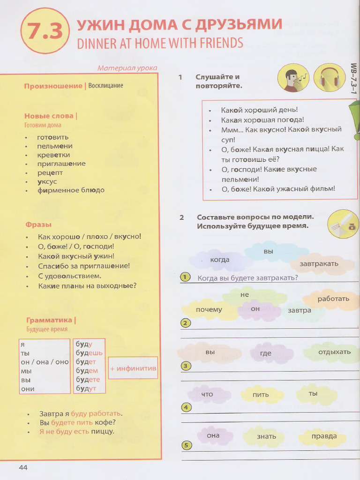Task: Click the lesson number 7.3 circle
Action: [x=45, y=31]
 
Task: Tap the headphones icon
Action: [x=330, y=78]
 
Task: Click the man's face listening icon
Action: [x=293, y=78]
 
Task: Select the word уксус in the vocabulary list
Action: [x=48, y=181]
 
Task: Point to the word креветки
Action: [x=53, y=155]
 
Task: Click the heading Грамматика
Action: [x=49, y=320]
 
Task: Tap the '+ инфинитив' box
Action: [x=133, y=368]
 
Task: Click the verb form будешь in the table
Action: [x=89, y=353]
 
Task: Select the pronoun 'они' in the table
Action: [x=28, y=389]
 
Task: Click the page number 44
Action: [x=23, y=467]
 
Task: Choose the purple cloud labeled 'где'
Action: [x=266, y=353]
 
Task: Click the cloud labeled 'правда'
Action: [x=324, y=436]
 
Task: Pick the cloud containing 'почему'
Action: [x=209, y=309]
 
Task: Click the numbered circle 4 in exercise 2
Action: [x=186, y=407]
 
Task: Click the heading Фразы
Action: [x=38, y=225]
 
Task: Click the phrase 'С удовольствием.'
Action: [x=69, y=276]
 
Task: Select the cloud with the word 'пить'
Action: [x=261, y=395]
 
